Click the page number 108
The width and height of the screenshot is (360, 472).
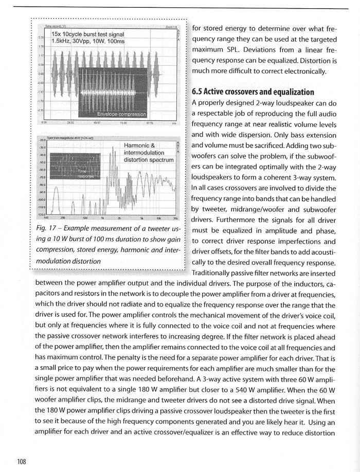[21, 461]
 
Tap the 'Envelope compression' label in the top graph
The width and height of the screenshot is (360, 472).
[121, 114]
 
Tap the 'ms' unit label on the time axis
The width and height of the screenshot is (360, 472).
[174, 123]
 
